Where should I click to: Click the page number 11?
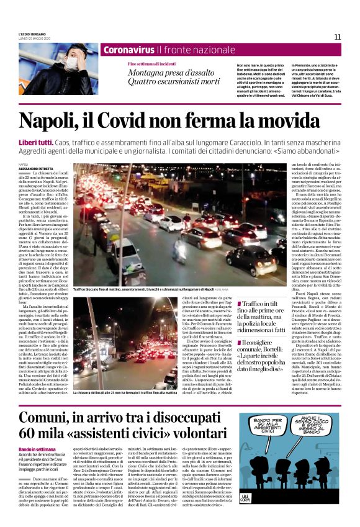coord(338,37)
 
